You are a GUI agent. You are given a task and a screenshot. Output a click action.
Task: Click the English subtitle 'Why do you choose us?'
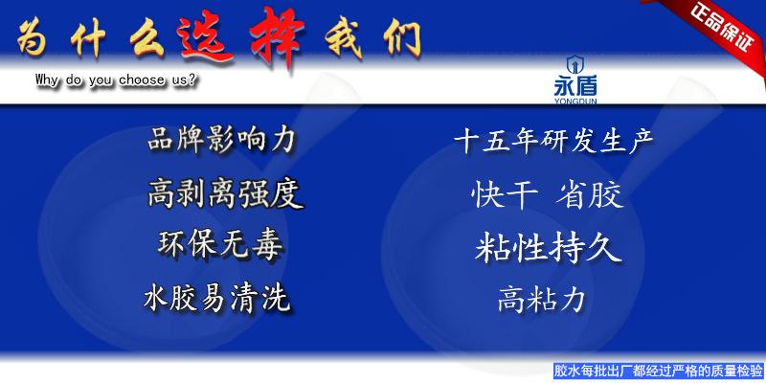116,80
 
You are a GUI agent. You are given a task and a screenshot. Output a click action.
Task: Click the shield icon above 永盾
574,65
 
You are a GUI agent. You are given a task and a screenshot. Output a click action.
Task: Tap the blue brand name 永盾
575,87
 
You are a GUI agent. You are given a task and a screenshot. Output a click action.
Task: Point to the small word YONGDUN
575,101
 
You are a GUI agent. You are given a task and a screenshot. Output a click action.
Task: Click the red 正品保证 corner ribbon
719,27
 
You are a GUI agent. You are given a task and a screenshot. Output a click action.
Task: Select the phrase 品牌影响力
221,140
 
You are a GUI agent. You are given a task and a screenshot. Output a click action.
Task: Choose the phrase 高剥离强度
225,193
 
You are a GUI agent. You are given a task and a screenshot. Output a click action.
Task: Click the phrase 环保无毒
220,245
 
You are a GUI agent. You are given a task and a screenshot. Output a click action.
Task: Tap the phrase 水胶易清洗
217,299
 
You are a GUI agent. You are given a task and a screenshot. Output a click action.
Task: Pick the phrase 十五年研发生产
553,142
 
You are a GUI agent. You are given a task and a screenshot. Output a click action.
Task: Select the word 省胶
589,195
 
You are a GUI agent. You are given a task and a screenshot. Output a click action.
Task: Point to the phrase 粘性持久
548,248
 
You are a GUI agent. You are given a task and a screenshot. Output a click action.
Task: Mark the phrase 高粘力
541,299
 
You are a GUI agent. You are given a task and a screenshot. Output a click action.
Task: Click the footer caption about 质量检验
660,371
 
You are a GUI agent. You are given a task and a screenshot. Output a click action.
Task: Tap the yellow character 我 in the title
344,40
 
